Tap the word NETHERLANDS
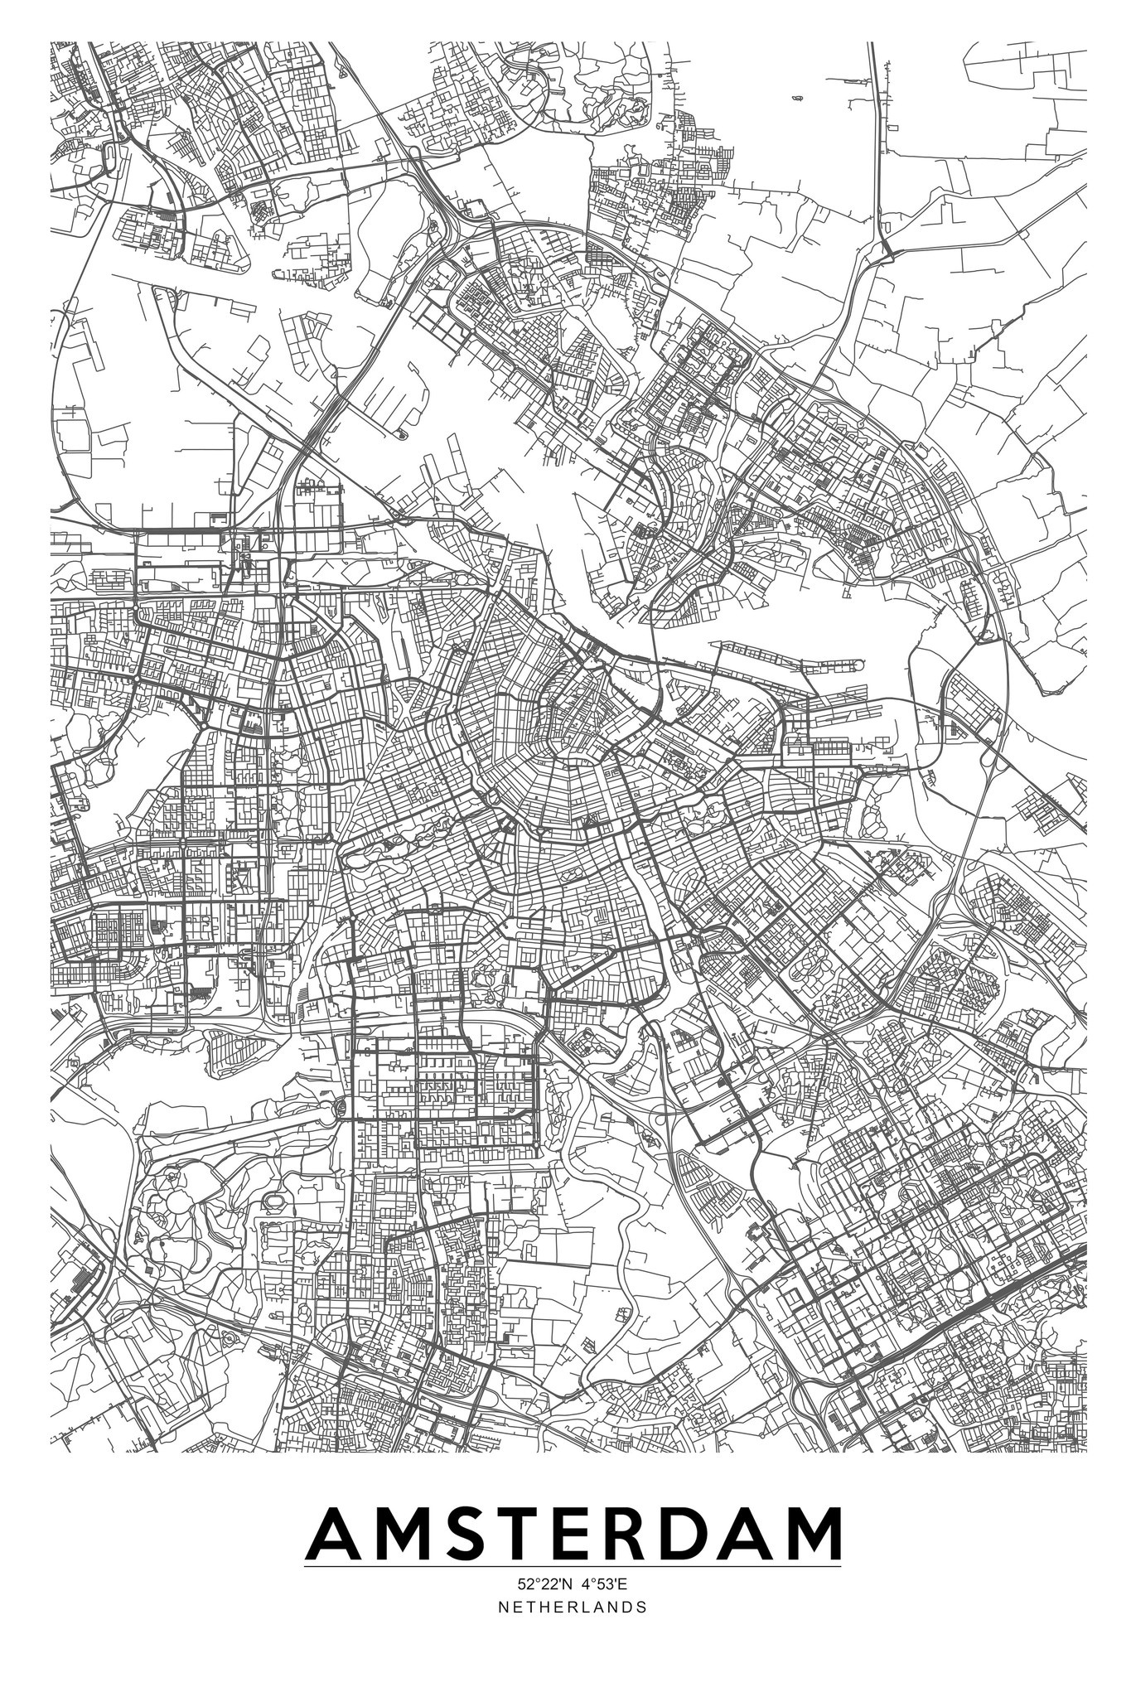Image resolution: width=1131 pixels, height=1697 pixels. (x=572, y=1607)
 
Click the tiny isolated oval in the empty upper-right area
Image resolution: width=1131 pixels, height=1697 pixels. (x=796, y=99)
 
